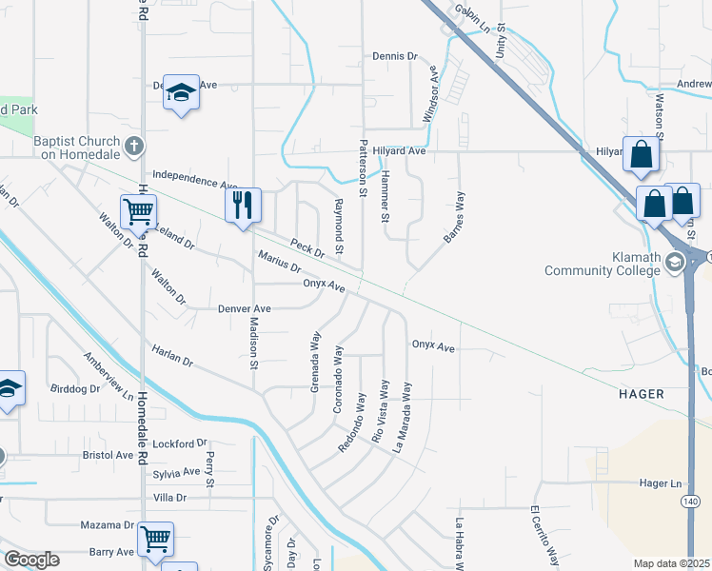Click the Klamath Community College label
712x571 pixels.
[x=602, y=264]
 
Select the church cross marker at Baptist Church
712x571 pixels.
[x=134, y=147]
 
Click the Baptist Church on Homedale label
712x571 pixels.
[x=76, y=147]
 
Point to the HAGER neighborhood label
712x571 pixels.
[x=642, y=393]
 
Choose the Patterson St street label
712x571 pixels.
[x=363, y=167]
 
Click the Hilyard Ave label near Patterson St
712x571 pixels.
[x=399, y=150]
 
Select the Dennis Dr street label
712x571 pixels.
[x=395, y=56]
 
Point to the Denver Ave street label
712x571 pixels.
[x=245, y=309]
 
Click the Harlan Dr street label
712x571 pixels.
[x=172, y=356]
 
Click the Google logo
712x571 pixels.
[x=31, y=560]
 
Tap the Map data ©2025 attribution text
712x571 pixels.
[x=670, y=563]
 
